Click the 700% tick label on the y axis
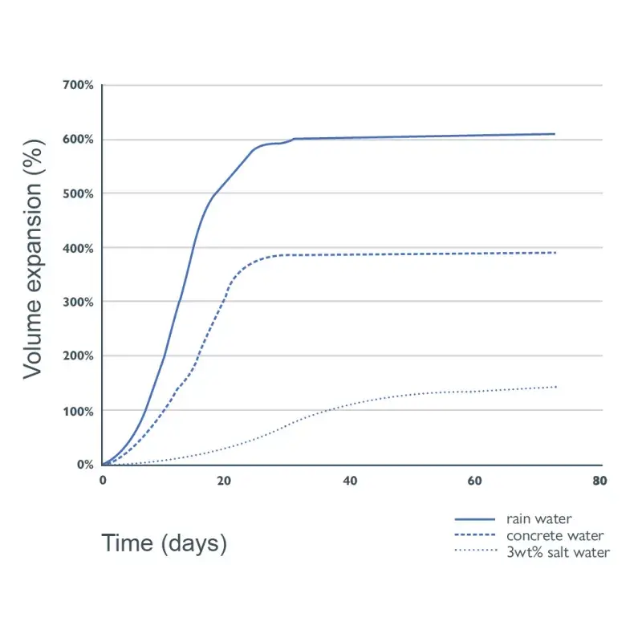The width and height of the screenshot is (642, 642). pos(79,85)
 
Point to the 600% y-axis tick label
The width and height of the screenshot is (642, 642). pos(79,140)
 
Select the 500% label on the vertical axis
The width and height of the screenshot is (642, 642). pos(79,193)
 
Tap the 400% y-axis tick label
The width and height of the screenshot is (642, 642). pos(79,248)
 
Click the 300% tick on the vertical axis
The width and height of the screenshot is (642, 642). pos(79,302)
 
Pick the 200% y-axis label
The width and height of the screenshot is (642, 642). pos(79,356)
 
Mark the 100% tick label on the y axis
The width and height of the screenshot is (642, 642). pos(79,411)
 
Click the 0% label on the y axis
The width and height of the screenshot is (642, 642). pos(84,465)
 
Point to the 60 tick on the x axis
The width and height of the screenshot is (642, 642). pos(474,481)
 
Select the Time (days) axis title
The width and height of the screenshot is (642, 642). pos(164,543)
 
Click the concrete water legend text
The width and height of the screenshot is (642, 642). pos(554,535)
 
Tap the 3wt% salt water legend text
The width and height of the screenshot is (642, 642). pos(557,552)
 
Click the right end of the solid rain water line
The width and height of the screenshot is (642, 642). pos(555,134)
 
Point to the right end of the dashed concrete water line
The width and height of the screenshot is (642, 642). pos(555,253)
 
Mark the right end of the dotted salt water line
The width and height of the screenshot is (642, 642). pos(555,387)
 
